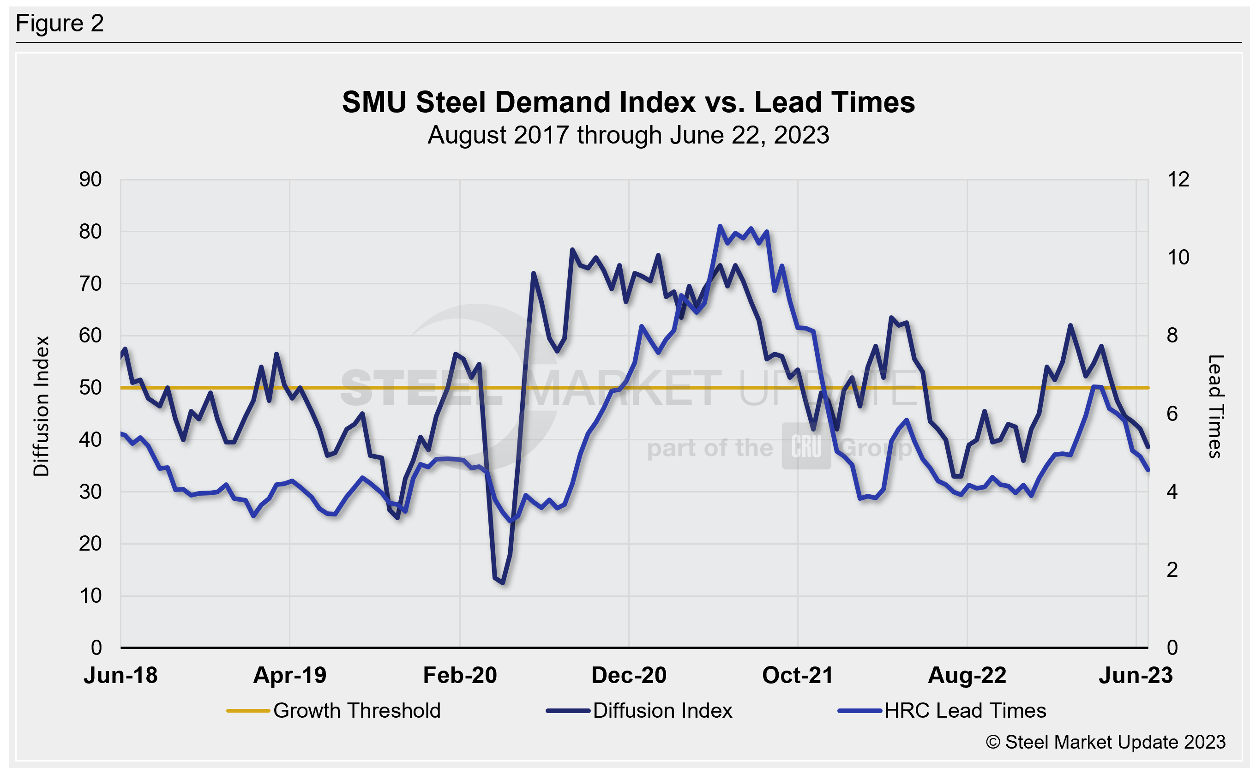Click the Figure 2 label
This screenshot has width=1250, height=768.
pos(60,24)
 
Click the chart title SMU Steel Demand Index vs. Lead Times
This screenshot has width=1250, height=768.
pos(628,102)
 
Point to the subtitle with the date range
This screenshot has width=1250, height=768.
pos(628,135)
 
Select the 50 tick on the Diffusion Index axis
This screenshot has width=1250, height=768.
pos(90,388)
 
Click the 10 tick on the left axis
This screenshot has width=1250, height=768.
pos(90,596)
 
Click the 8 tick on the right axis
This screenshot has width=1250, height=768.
pos(1172,335)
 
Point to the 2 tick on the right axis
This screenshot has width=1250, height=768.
pos(1172,570)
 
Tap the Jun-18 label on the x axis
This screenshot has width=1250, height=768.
pos(120,676)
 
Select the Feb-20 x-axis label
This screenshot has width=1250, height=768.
pos(460,676)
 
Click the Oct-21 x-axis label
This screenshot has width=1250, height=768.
pos(798,676)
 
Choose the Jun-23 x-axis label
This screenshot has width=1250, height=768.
pos(1136,676)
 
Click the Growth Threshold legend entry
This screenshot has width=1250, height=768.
pos(356,711)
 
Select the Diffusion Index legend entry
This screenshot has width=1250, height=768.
pos(662,711)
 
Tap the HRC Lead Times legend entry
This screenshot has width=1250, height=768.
pos(965,711)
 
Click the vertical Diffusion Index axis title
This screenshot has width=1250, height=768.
pos(42,406)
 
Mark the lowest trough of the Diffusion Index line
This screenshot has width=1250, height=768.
pos(502,582)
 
